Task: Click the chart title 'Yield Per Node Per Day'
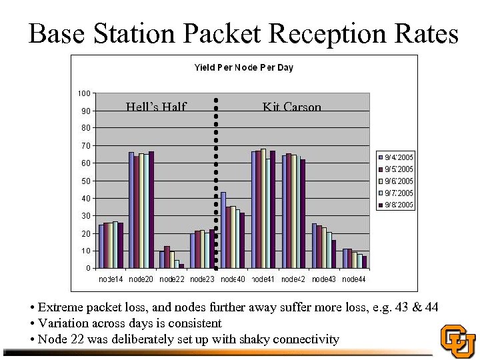pyautogui.click(x=243, y=67)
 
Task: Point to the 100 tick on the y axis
pyautogui.click(x=85, y=93)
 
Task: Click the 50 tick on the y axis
pyautogui.click(x=87, y=181)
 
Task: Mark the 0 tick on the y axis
pyautogui.click(x=89, y=269)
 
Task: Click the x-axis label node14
pyautogui.click(x=111, y=279)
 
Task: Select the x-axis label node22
pyautogui.click(x=172, y=279)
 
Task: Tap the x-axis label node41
pyautogui.click(x=263, y=279)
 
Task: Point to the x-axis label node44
pyautogui.click(x=353, y=279)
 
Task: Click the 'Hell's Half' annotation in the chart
pyautogui.click(x=156, y=107)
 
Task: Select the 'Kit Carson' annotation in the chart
pyautogui.click(x=291, y=107)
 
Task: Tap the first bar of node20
pyautogui.click(x=131, y=210)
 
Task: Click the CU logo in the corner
pyautogui.click(x=458, y=341)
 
